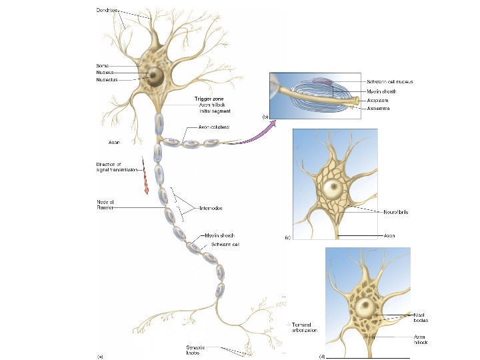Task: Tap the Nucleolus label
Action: click(x=107, y=79)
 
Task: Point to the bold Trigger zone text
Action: click(x=202, y=99)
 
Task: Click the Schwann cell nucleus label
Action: click(x=390, y=81)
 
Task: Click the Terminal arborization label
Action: click(x=305, y=327)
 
